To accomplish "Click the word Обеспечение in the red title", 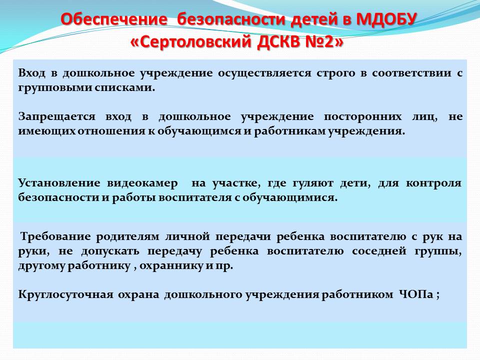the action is (x=114, y=19).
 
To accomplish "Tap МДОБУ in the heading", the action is (x=386, y=19).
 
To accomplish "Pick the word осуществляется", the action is (x=265, y=73).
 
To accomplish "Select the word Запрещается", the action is (x=57, y=117).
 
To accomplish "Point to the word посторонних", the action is (x=363, y=117).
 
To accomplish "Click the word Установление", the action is (x=59, y=183).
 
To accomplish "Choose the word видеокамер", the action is (x=142, y=183).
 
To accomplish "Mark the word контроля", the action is (x=433, y=183).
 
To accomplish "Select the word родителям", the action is (x=127, y=237).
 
